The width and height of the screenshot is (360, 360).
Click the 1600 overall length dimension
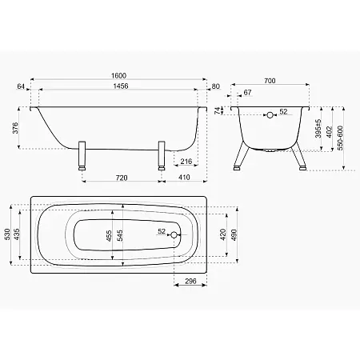click(x=118, y=76)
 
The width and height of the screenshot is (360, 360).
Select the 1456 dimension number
click(x=121, y=86)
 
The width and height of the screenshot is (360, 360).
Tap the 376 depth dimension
click(x=15, y=128)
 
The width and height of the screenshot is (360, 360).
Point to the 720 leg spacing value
click(x=122, y=178)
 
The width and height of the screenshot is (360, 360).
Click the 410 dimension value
click(x=184, y=178)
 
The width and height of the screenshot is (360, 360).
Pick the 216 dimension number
click(x=186, y=162)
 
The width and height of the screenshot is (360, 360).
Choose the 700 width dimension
click(x=270, y=81)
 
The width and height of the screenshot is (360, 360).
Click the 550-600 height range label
click(x=340, y=138)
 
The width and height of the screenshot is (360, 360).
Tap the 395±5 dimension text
click(x=318, y=129)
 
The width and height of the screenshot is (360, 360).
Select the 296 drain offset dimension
click(x=190, y=281)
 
